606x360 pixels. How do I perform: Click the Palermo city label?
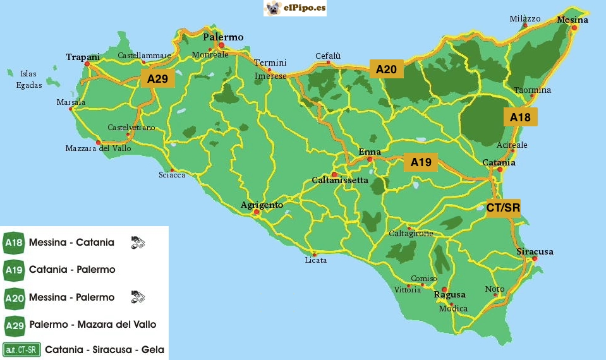coord(223,37)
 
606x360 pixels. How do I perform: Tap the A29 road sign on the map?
coord(157,79)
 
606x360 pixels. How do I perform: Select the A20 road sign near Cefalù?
coord(386,69)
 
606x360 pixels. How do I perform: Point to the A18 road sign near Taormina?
coord(520,117)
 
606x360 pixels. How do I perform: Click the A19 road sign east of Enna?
coord(421,162)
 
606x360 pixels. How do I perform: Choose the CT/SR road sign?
coord(503,208)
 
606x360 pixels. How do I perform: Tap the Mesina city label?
coord(573,20)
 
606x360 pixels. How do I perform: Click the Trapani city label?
coord(83,57)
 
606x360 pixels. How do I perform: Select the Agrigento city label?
coord(262,205)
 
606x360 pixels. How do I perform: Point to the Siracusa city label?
coord(535,251)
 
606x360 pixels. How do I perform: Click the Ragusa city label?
coord(449,295)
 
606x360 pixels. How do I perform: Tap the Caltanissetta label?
coord(340,180)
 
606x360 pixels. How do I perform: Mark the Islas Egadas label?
coord(28,79)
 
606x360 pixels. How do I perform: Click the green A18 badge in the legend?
coord(14,243)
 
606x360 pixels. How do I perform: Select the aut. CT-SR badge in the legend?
coord(21,349)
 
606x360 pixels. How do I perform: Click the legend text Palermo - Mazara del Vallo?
coord(92,324)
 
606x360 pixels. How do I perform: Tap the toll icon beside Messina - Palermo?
coord(138,296)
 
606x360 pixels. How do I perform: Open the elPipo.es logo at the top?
coord(295,8)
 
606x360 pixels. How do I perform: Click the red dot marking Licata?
coord(314,255)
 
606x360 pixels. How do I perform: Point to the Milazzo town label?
coord(525,19)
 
